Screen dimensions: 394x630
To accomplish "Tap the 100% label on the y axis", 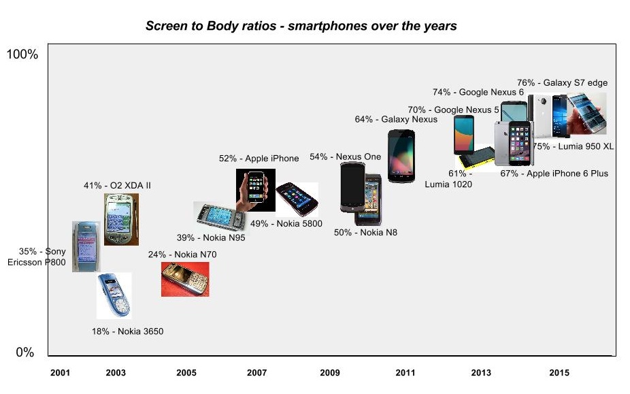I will click(22, 54).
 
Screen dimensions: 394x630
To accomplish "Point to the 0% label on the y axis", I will click(25, 352).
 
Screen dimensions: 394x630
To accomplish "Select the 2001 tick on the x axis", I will click(61, 373).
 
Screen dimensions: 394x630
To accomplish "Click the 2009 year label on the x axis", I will click(330, 373).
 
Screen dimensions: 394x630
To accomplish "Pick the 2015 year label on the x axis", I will click(559, 373).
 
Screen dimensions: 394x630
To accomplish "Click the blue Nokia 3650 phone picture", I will click(114, 295).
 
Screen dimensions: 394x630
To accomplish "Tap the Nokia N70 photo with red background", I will click(185, 279).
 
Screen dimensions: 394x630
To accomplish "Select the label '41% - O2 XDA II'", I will click(112, 185).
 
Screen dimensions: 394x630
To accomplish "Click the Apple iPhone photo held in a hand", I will click(256, 190).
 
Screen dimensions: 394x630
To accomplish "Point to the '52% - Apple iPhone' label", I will click(259, 159).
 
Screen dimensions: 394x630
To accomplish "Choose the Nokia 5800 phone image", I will click(297, 199).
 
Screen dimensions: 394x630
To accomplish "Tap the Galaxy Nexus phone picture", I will click(401, 155).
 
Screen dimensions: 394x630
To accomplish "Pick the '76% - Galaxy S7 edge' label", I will click(562, 83).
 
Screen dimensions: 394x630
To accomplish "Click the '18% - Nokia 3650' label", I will click(127, 332).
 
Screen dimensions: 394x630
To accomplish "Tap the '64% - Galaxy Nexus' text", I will click(396, 120).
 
